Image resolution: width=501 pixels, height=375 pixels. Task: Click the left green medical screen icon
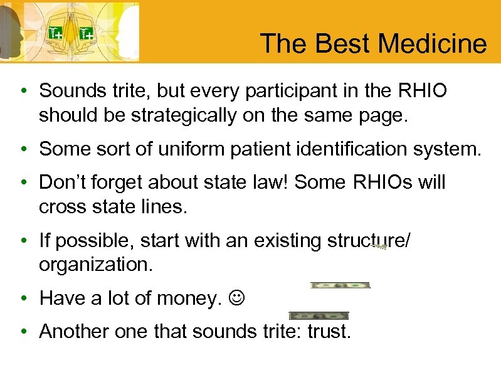55,33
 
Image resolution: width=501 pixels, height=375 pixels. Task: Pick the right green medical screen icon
86,33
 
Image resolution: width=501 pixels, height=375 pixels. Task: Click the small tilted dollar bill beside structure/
379,246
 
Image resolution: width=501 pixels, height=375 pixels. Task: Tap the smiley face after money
237,298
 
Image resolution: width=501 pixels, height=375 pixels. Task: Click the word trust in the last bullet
329,331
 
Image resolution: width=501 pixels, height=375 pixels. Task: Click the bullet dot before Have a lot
23,298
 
